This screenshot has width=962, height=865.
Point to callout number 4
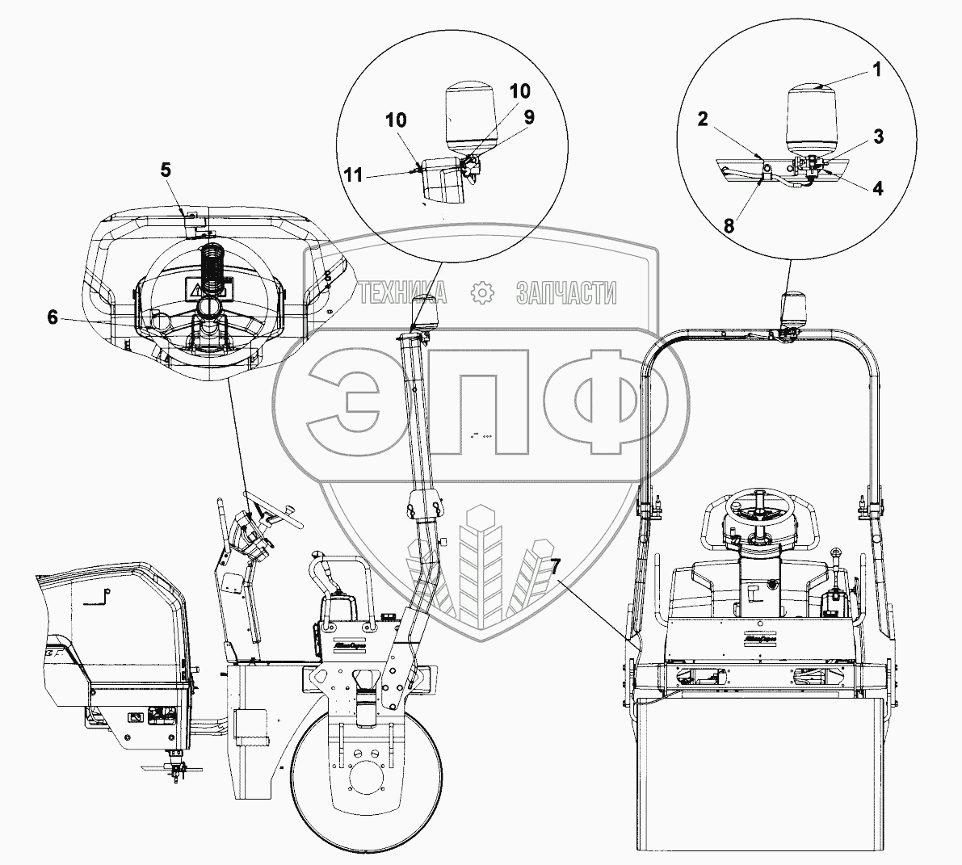click(x=877, y=188)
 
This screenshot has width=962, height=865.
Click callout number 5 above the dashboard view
click(x=165, y=170)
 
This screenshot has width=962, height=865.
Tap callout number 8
click(x=729, y=227)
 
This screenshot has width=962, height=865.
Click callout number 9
click(x=529, y=116)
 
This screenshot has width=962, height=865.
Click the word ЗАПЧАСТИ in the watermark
click(x=566, y=292)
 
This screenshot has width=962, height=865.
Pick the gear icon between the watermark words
click(x=482, y=292)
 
